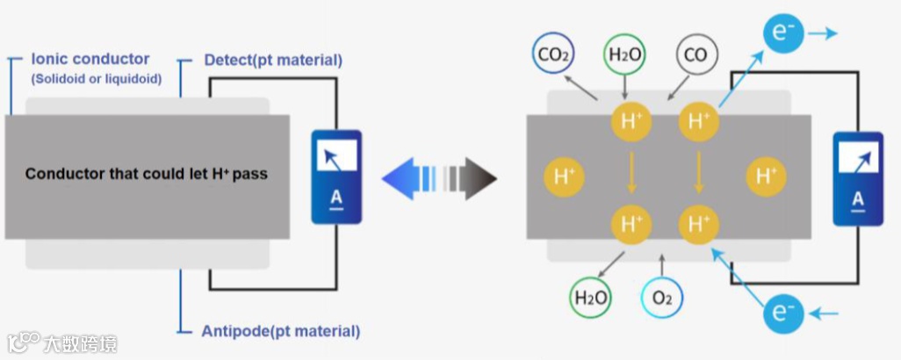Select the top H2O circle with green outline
pyautogui.click(x=624, y=56)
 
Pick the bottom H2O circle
pyautogui.click(x=591, y=298)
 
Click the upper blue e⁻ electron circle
pyautogui.click(x=782, y=34)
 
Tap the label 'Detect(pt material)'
pyautogui.click(x=272, y=61)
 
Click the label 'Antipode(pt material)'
pyautogui.click(x=280, y=331)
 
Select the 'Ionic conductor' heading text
pyautogui.click(x=90, y=60)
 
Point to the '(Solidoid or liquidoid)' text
pyautogui.click(x=97, y=79)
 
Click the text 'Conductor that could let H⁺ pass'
pyautogui.click(x=146, y=174)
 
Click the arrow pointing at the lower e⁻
pyautogui.click(x=824, y=313)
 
